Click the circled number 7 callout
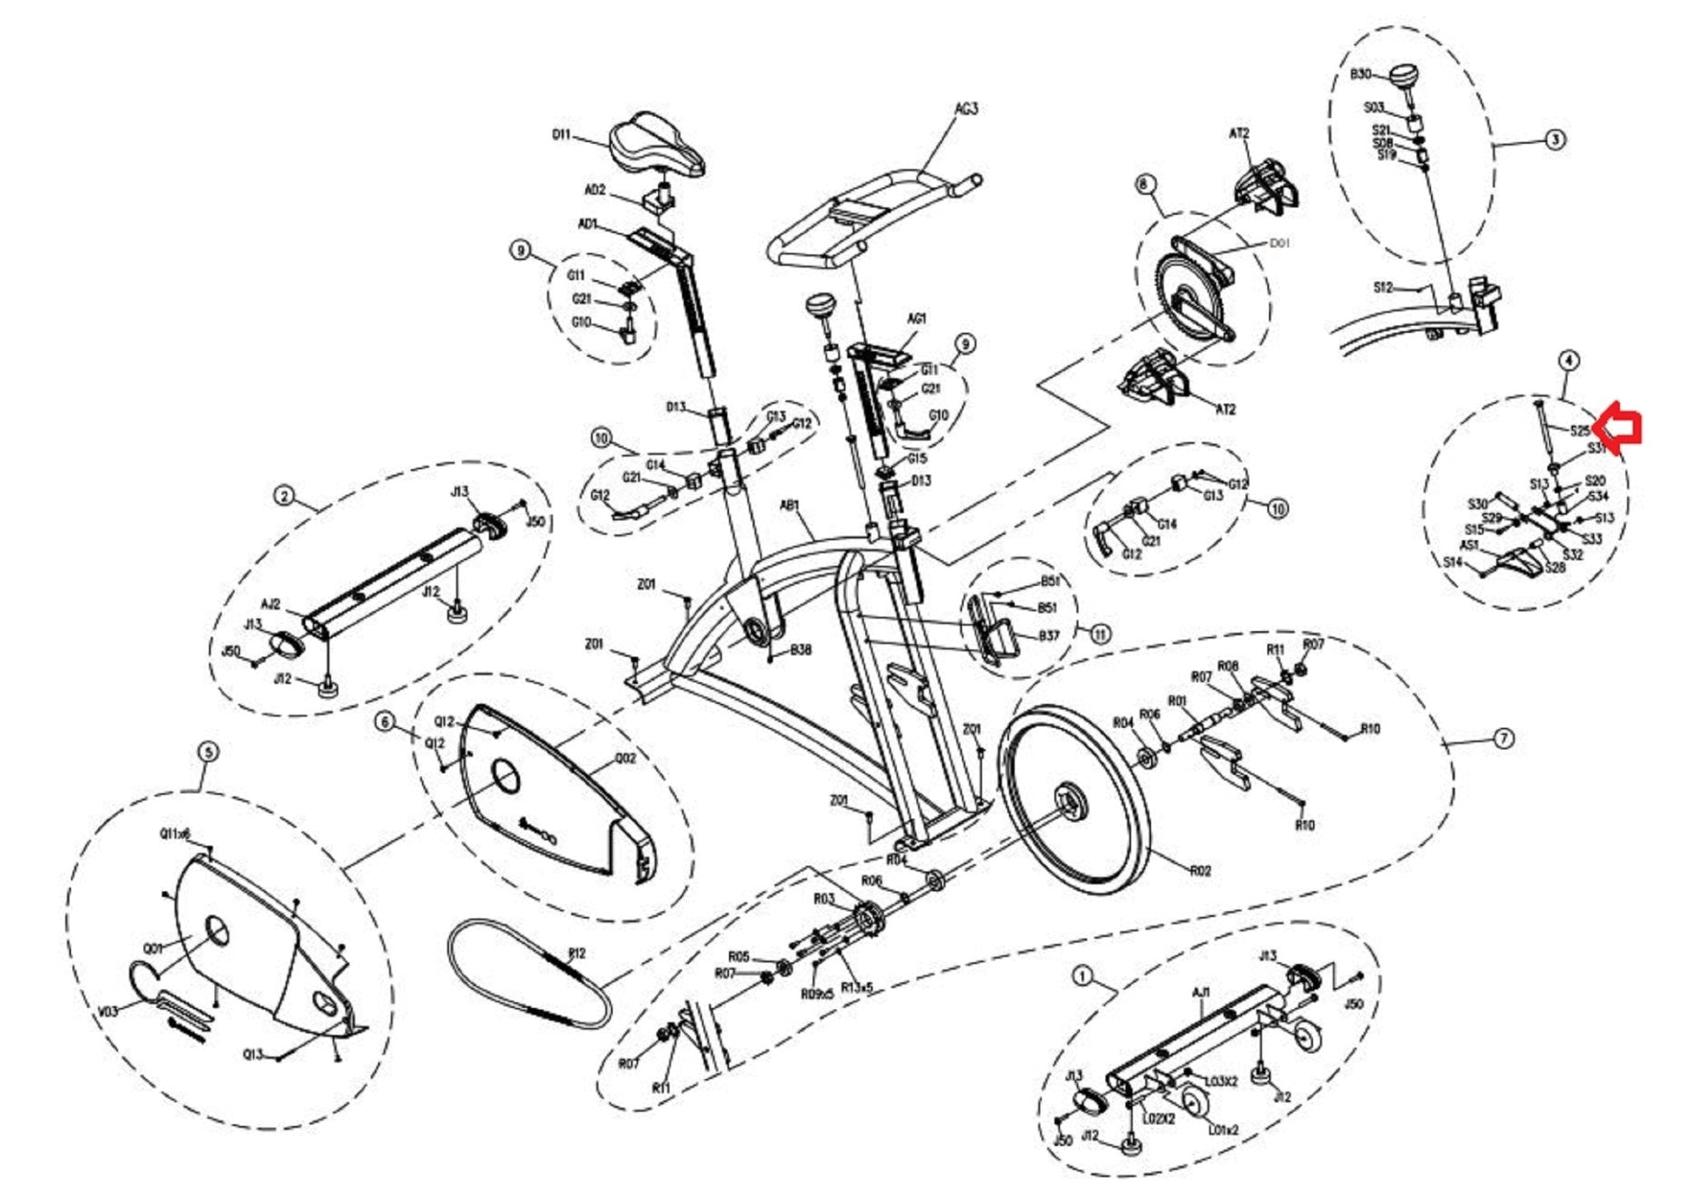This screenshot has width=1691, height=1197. [x=1504, y=739]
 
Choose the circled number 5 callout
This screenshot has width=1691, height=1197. [x=208, y=752]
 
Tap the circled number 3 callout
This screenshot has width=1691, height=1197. [x=1555, y=140]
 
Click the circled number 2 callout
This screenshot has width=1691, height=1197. [x=284, y=496]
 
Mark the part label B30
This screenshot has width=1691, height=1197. [x=1361, y=75]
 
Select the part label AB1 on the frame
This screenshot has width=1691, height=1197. [x=790, y=505]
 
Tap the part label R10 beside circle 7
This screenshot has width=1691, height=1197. [x=1370, y=729]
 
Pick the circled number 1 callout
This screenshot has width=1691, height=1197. [x=1082, y=976]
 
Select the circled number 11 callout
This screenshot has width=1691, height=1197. [x=1100, y=634]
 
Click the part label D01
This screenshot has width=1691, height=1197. [x=1279, y=244]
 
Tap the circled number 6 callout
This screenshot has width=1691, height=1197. [x=385, y=722]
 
